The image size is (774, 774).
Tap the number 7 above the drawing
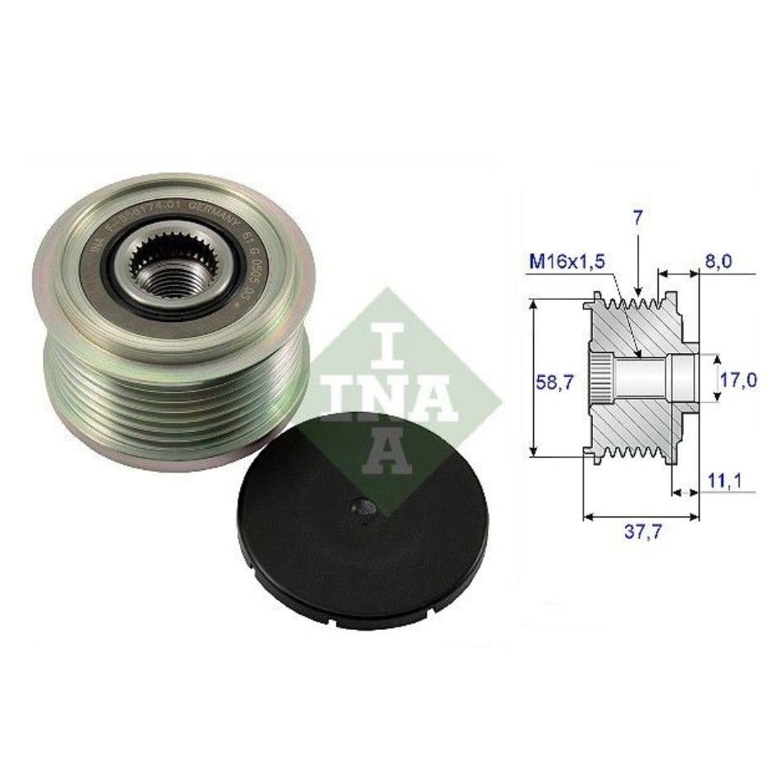[637, 219]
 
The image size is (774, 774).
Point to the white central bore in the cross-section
[643, 378]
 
